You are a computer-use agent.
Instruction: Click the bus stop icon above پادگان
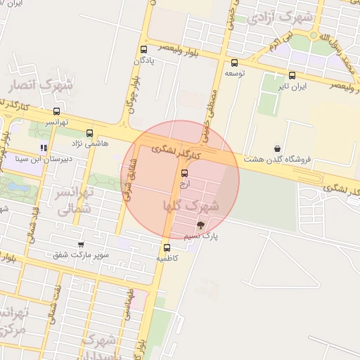(144, 49)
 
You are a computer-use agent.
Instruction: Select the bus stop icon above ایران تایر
(292, 75)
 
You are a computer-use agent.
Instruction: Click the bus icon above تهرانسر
(56, 110)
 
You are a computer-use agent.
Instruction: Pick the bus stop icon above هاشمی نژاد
(89, 132)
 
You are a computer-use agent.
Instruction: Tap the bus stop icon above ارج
(184, 172)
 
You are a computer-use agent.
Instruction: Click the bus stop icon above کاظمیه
(167, 247)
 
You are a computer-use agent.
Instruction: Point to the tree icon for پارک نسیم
(201, 225)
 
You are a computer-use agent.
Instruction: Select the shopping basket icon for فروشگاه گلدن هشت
(278, 148)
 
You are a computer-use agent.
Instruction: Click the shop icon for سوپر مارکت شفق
(80, 244)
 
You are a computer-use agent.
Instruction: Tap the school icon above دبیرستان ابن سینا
(44, 148)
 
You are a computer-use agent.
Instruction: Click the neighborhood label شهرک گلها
(191, 206)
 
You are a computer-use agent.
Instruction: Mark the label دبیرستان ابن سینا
(44, 159)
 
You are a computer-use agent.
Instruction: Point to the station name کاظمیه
(167, 258)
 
